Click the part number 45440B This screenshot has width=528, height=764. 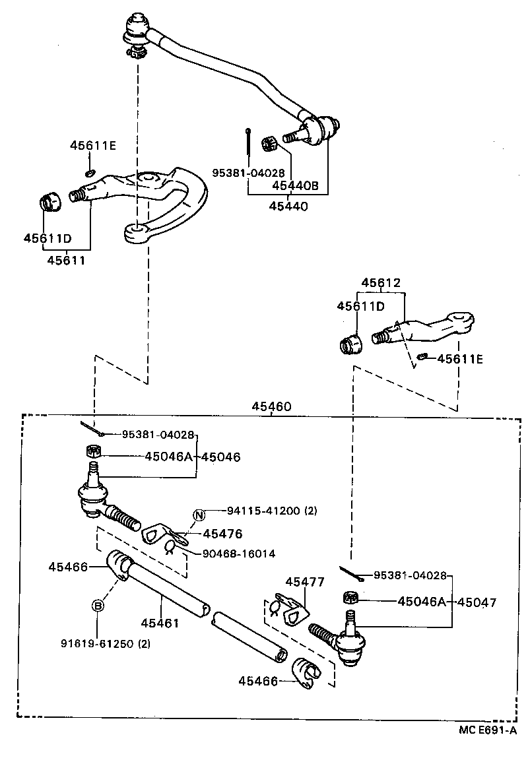(x=296, y=186)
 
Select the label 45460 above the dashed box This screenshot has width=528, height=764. (x=271, y=407)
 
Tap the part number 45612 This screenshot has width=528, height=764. (x=381, y=282)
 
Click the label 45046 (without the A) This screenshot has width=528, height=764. (x=221, y=456)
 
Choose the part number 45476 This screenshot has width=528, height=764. (x=222, y=534)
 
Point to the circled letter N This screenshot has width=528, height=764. (x=199, y=516)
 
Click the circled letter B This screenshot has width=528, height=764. (x=97, y=606)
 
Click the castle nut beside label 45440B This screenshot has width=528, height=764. (x=269, y=143)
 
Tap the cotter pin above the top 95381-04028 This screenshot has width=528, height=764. (x=246, y=142)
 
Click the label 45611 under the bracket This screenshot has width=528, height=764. (x=66, y=260)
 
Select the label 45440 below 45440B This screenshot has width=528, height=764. (x=288, y=206)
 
